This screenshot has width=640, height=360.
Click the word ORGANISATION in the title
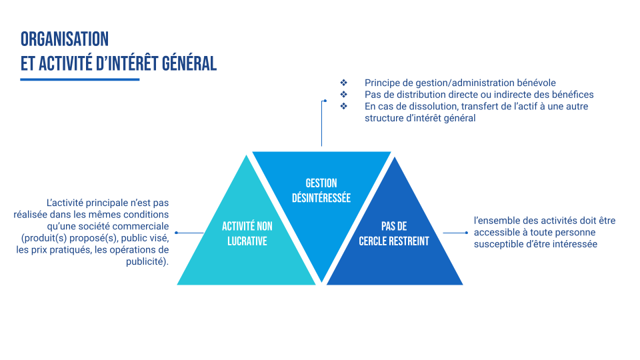click(65, 39)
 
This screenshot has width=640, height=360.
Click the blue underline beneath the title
click(80, 79)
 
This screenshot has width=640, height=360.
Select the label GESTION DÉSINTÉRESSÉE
click(321, 191)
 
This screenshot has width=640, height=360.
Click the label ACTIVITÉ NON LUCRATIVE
click(247, 233)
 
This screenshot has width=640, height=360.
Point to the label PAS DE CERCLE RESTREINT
click(394, 233)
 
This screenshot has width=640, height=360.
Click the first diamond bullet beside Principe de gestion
click(344, 83)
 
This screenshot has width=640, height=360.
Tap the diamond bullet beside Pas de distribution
click(344, 95)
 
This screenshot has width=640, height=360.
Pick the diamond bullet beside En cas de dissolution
click(344, 106)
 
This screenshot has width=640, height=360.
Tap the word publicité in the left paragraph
click(147, 262)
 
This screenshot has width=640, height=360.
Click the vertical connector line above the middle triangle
click(322, 123)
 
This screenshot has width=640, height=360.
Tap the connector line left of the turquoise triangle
click(190, 233)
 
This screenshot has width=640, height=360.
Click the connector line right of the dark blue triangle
click(454, 233)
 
